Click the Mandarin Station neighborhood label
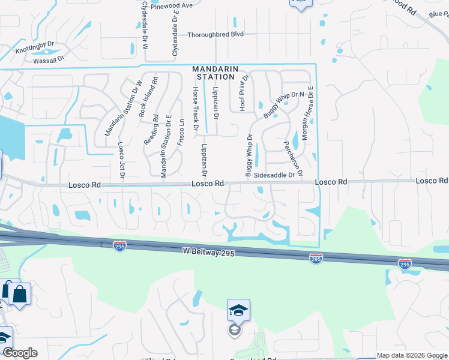click(213, 73)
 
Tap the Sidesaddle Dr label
click(278, 175)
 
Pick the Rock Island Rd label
click(143, 96)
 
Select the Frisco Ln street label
click(181, 131)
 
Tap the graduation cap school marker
click(238, 310)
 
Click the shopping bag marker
click(19, 294)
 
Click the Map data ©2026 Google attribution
click(412, 355)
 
